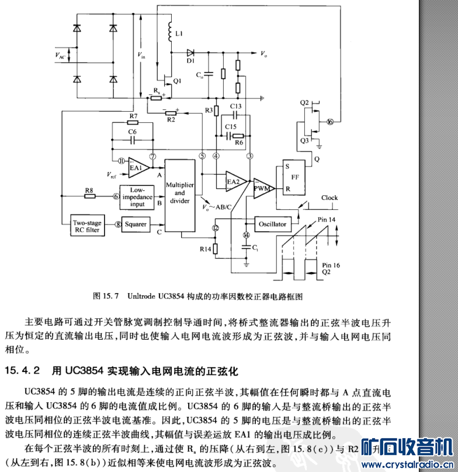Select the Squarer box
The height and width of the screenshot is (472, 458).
(136, 223)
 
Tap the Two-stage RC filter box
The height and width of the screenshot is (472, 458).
(87, 226)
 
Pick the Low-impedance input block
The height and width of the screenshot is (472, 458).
(137, 197)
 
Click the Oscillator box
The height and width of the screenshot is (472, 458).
(273, 224)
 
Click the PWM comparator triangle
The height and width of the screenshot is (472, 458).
(263, 188)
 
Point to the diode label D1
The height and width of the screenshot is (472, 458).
(190, 60)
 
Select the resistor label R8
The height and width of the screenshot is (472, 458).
(89, 190)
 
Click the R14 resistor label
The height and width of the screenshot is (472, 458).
(204, 249)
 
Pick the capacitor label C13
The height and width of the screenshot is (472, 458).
(235, 106)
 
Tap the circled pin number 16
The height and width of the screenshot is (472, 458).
(331, 122)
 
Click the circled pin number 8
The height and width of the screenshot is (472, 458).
(117, 223)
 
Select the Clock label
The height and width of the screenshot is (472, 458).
(329, 198)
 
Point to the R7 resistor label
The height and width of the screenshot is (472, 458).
(133, 116)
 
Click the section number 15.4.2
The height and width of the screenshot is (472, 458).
(23, 370)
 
